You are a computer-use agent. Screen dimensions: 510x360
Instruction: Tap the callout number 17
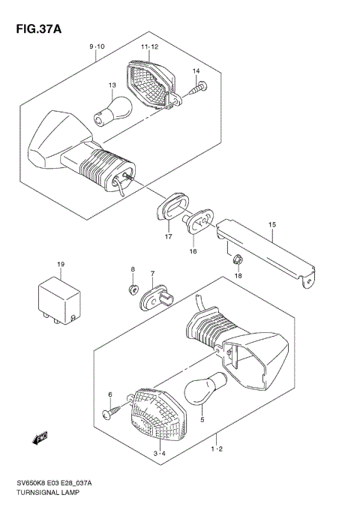(169, 238)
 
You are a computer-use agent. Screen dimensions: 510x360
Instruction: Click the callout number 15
(272, 224)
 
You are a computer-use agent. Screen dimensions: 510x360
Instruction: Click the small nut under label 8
(132, 286)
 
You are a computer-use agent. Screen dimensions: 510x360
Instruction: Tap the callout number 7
(152, 274)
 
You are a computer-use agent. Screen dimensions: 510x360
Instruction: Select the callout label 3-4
(159, 454)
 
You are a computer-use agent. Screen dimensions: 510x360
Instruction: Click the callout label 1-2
(217, 449)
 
